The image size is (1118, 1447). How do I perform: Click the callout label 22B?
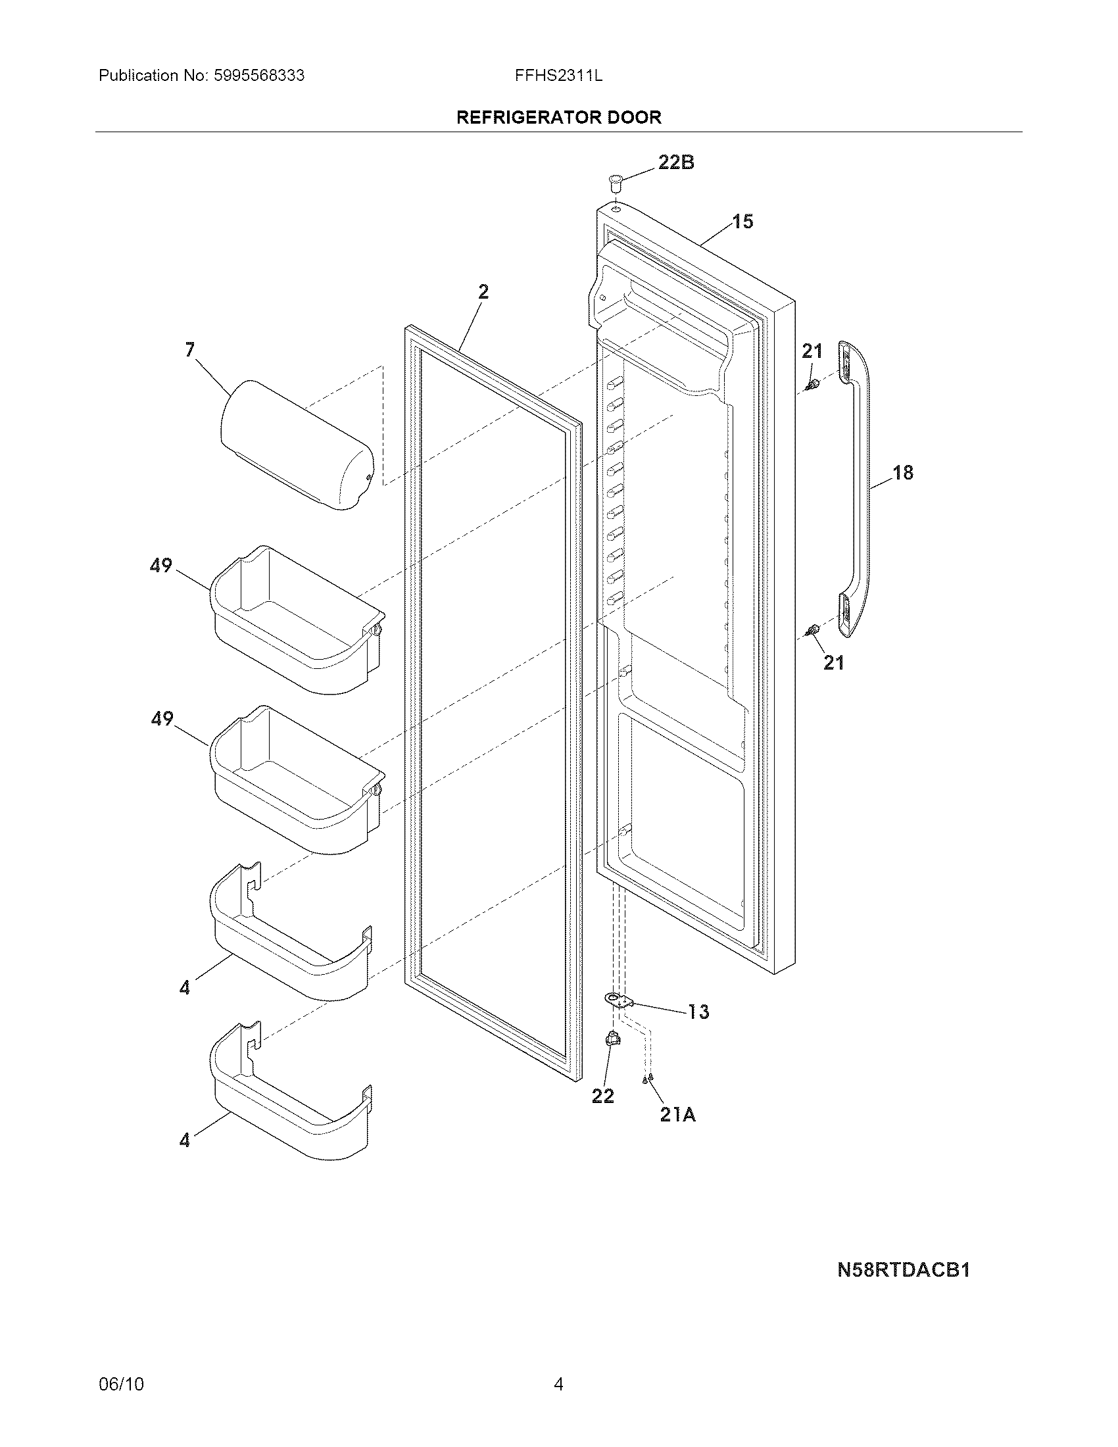coord(675,162)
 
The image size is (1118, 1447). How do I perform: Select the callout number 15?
coord(742,221)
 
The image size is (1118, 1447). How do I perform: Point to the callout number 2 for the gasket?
coord(483,291)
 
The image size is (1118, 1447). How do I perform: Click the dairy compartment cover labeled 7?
coord(296,444)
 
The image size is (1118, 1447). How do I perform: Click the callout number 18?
coord(903,472)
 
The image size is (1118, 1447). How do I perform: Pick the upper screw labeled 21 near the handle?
coord(812,385)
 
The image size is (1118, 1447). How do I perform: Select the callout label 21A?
coord(677,1115)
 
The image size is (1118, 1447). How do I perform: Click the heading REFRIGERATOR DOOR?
coord(558,118)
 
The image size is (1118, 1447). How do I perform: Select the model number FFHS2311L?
coord(558,76)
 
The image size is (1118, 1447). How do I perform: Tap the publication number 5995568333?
coord(259,76)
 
